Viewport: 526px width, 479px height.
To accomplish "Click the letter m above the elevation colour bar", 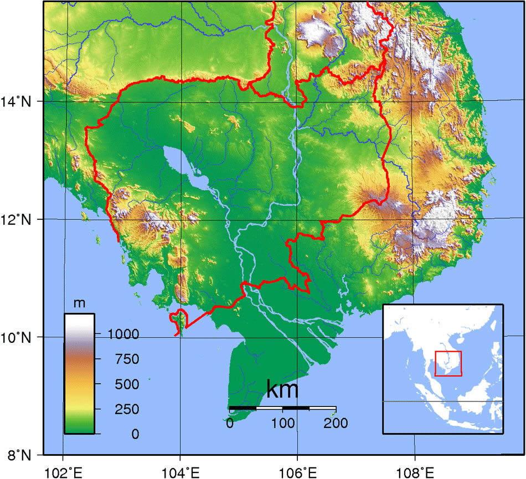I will click(79, 304).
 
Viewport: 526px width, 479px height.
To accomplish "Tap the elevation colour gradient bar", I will click(79, 374).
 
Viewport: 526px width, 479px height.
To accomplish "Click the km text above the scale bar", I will click(282, 389).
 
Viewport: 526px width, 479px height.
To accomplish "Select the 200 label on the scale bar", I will click(335, 424).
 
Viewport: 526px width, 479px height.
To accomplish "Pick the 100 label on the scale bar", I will click(282, 424).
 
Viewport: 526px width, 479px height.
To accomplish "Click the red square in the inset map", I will click(448, 363).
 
